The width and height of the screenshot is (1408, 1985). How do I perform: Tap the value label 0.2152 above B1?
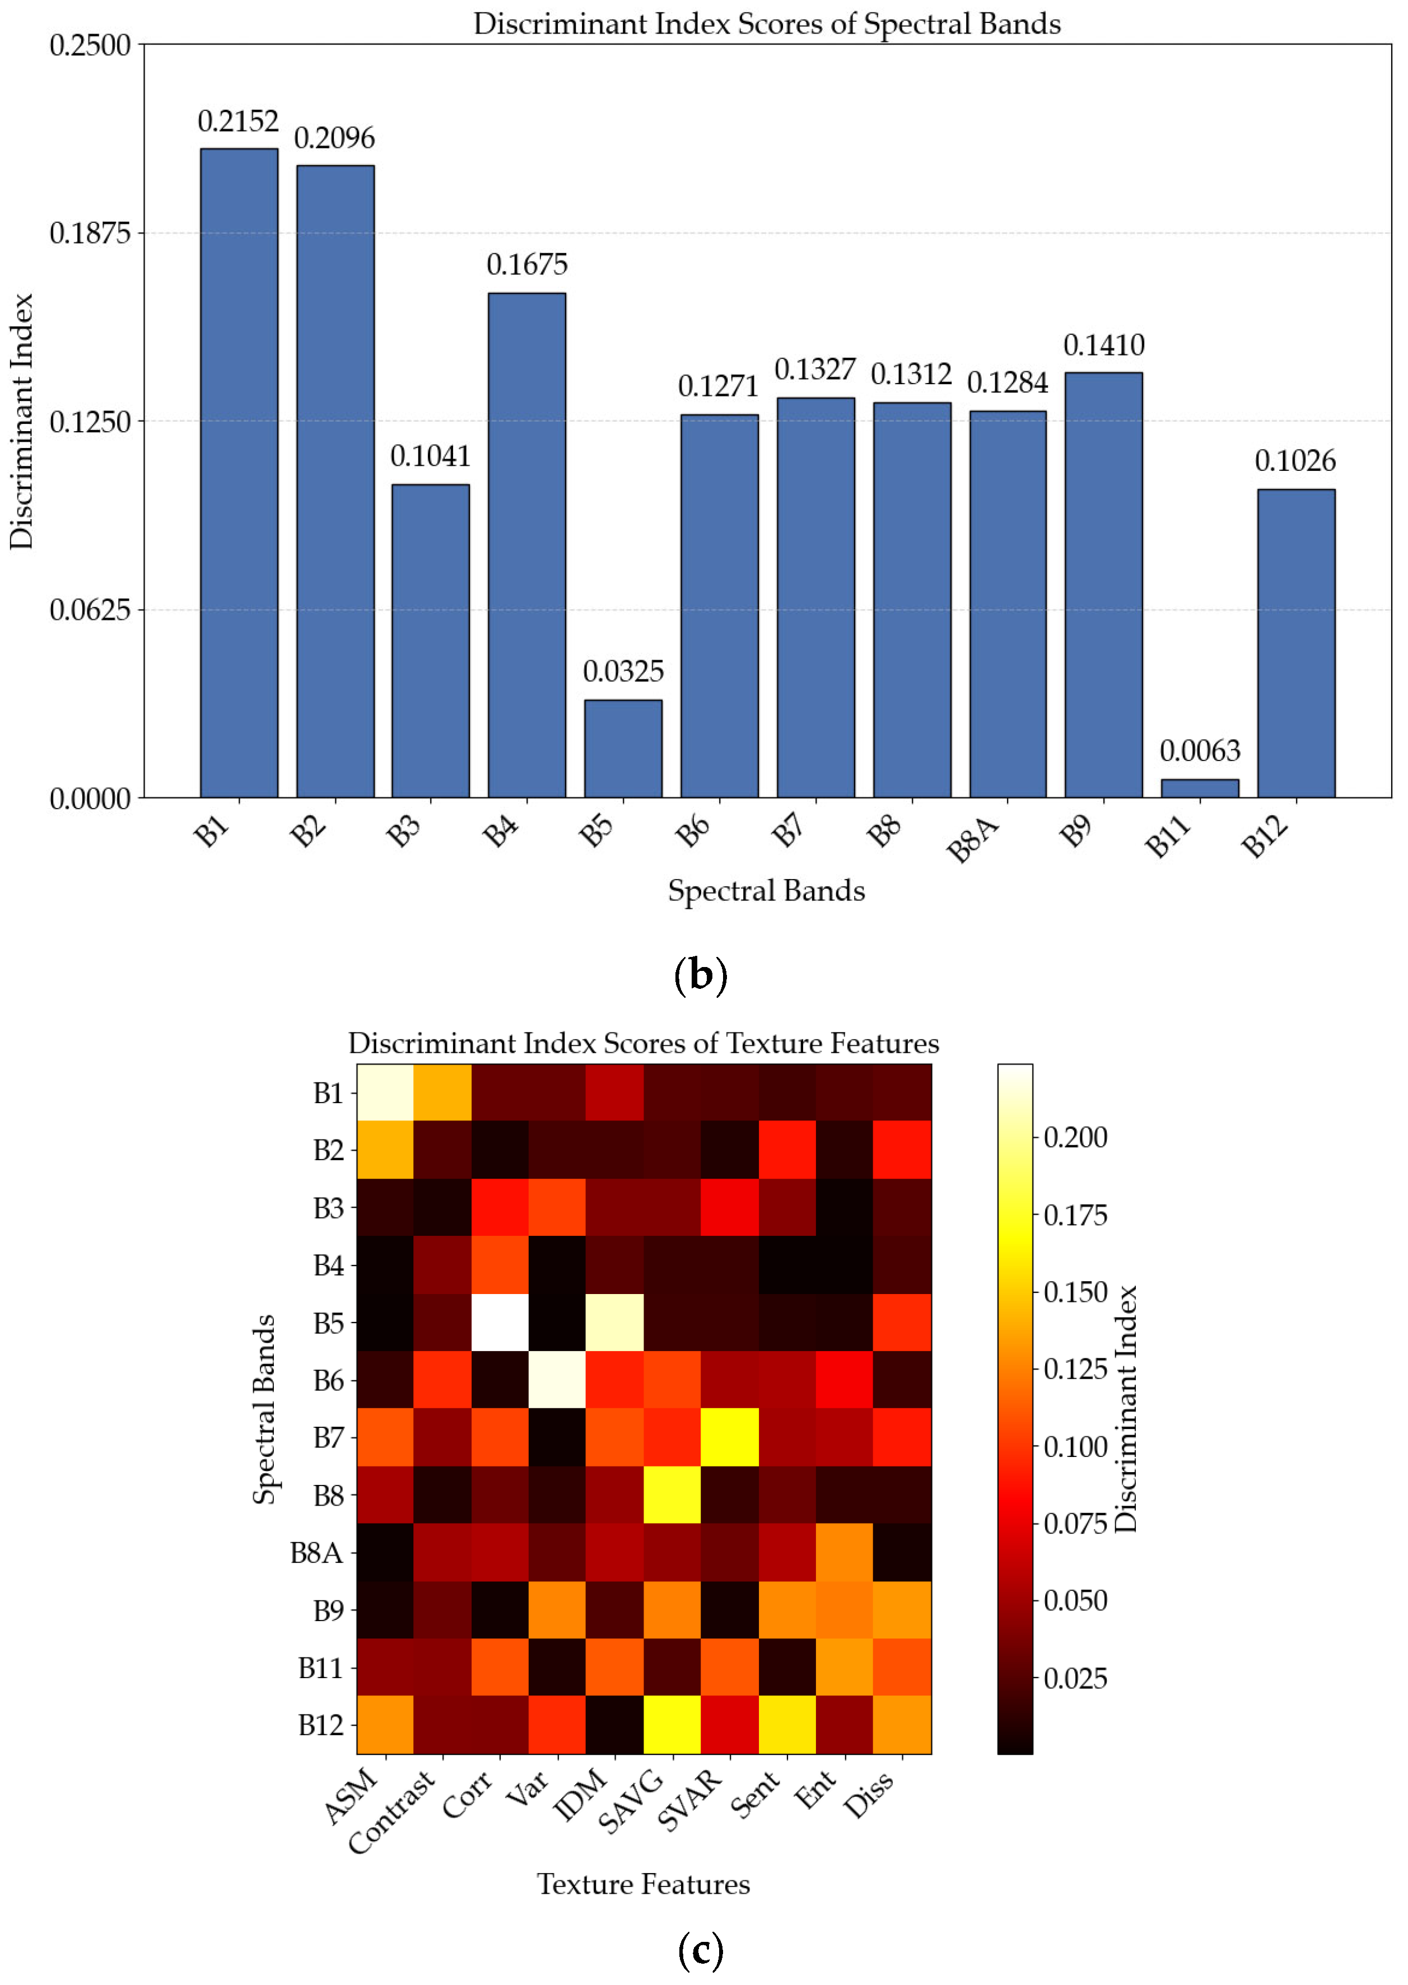point(239,122)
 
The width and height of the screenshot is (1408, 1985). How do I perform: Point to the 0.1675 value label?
point(526,264)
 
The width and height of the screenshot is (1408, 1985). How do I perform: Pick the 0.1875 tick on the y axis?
point(89,233)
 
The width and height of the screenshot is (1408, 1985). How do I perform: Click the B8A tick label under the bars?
point(973,839)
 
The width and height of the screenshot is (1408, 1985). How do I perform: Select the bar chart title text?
point(766,24)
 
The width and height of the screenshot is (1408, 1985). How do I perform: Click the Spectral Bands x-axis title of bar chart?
point(766,890)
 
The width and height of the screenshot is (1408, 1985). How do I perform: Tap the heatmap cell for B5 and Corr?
point(500,1322)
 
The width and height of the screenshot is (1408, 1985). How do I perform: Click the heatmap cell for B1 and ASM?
point(385,1092)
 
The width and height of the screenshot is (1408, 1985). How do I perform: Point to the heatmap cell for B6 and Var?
point(557,1379)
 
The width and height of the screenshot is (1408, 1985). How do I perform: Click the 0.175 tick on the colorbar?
point(1075,1215)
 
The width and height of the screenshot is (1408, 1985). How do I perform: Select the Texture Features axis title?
point(644,1884)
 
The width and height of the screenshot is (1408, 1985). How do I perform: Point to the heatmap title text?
point(644,1043)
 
